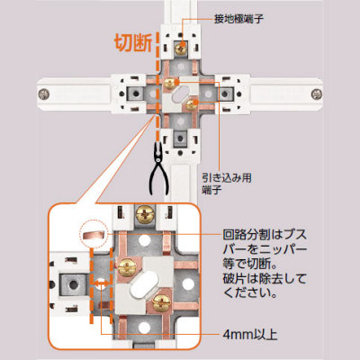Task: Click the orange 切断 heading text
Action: point(133,43)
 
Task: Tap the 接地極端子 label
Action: point(239,20)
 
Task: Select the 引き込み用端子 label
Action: point(227,184)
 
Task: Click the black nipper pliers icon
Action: point(157,168)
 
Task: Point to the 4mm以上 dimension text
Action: point(250,334)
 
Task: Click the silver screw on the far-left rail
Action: point(44,94)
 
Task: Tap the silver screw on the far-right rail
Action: point(316,94)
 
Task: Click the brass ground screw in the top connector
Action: point(180,48)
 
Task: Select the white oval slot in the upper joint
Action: point(180,94)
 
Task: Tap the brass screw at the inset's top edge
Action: point(145,214)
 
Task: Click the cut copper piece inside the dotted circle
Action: point(94,236)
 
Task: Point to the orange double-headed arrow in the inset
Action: point(101,283)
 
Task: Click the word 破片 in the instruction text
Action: point(234,279)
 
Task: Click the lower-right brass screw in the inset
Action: point(161,302)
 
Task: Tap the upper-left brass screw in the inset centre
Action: point(127,267)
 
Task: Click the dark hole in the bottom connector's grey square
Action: point(180,139)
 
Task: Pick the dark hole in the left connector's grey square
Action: point(136,94)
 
